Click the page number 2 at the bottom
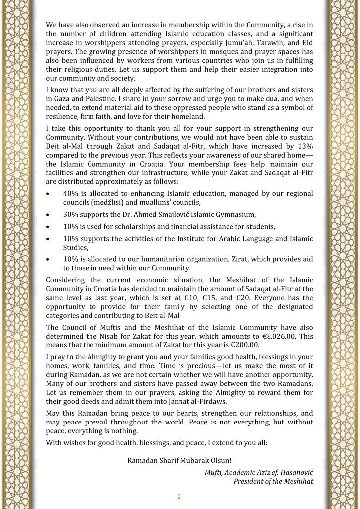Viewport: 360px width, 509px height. point(180,497)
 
